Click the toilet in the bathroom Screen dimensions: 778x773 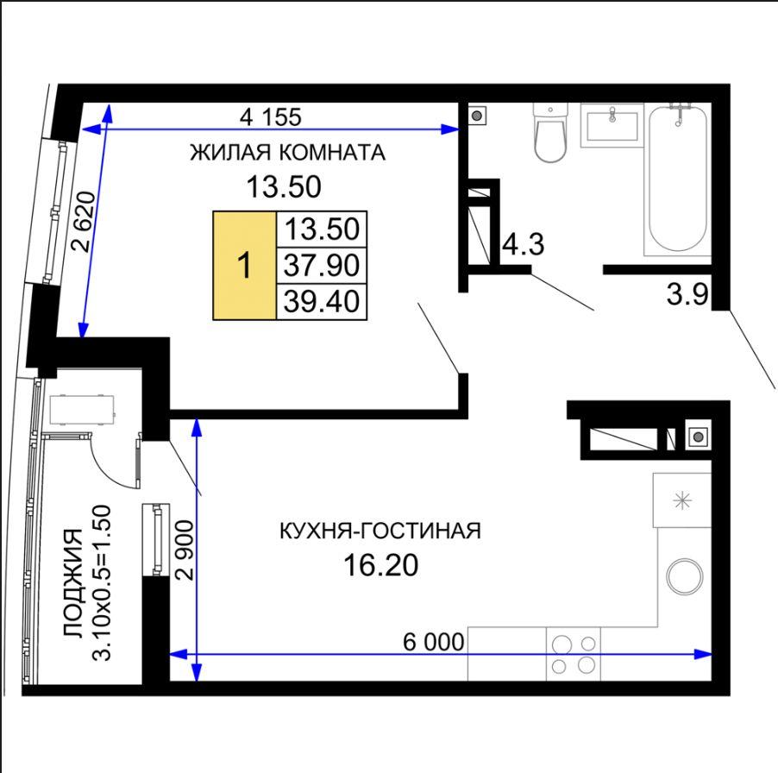pyautogui.click(x=549, y=133)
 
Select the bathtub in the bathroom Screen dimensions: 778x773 pyautogui.click(x=678, y=179)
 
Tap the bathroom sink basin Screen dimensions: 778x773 pyautogui.click(x=612, y=126)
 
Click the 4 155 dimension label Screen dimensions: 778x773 pyautogui.click(x=271, y=117)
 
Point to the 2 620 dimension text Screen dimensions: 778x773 pyautogui.click(x=84, y=222)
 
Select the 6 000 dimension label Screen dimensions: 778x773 pyautogui.click(x=434, y=642)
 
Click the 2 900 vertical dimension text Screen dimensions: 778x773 pyautogui.click(x=183, y=550)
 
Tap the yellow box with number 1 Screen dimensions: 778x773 pyautogui.click(x=245, y=266)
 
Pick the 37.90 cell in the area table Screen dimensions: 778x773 pyautogui.click(x=322, y=266)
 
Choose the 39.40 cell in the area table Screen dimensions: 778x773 pyautogui.click(x=322, y=301)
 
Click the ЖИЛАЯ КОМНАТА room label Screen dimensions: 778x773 pyautogui.click(x=288, y=153)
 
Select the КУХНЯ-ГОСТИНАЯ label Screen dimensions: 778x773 pyautogui.click(x=380, y=531)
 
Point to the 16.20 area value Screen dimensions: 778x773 pyautogui.click(x=380, y=566)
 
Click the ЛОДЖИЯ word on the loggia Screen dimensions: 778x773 pyautogui.click(x=73, y=583)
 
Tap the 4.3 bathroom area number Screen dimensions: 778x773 pyautogui.click(x=523, y=245)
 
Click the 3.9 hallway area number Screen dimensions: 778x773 pyautogui.click(x=687, y=295)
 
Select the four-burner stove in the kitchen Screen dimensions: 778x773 pyautogui.click(x=574, y=654)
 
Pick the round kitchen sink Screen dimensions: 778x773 pyautogui.click(x=685, y=577)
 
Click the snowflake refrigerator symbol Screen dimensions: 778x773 pyautogui.click(x=683, y=500)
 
